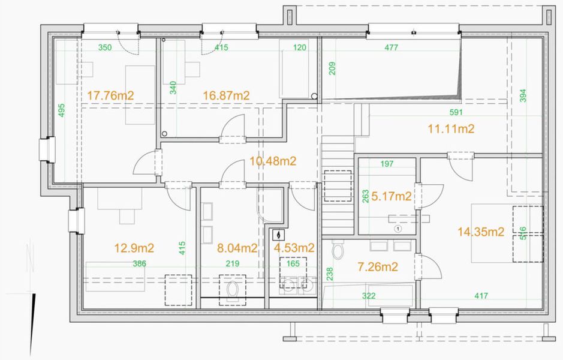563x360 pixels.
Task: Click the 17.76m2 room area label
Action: [x=110, y=95]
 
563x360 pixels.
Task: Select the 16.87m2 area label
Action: [x=226, y=95]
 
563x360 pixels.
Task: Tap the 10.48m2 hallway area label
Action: [x=273, y=161]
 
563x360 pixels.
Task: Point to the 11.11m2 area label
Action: [x=451, y=128]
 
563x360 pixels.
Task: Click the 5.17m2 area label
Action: [x=392, y=197]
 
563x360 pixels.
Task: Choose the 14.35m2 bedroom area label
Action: [x=481, y=232]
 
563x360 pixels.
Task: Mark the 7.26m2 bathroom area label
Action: [x=378, y=266]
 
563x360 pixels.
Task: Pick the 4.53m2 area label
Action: [x=294, y=248]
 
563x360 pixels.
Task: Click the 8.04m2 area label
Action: [x=237, y=248]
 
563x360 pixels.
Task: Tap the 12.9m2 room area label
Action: [x=134, y=248]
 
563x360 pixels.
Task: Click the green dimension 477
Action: [x=391, y=47]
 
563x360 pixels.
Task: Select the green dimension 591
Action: [x=456, y=112]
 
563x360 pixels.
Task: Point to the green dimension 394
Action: [x=523, y=95]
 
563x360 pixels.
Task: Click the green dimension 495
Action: [x=61, y=110]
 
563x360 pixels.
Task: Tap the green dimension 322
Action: [x=369, y=296]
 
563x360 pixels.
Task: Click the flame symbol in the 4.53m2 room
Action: [x=278, y=235]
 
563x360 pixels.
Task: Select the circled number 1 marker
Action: [x=398, y=229]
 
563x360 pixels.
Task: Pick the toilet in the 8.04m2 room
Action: [x=233, y=290]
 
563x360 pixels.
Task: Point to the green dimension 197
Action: [x=387, y=164]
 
